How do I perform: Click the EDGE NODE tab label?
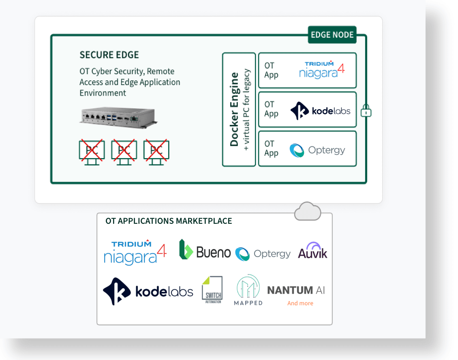click(332, 35)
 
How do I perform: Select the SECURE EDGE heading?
click(109, 55)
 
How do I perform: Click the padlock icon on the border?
click(366, 110)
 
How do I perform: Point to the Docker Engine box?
click(239, 109)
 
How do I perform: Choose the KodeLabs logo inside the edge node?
click(320, 111)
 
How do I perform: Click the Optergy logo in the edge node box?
click(317, 150)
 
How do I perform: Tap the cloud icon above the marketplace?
click(308, 211)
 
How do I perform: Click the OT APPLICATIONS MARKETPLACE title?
click(169, 221)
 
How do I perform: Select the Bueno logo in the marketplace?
click(205, 251)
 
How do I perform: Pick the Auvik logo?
click(312, 251)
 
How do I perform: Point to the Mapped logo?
click(248, 290)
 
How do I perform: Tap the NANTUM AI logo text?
click(296, 290)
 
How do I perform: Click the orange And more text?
click(300, 303)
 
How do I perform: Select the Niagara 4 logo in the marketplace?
click(135, 253)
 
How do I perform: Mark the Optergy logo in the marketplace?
click(263, 254)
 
